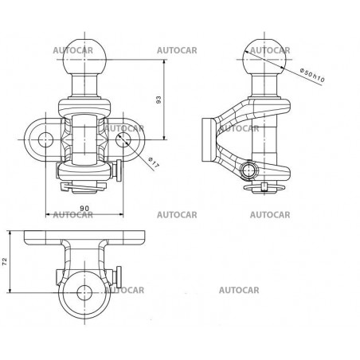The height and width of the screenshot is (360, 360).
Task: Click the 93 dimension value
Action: tap(158, 100)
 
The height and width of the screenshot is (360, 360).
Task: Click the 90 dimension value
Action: tap(84, 209)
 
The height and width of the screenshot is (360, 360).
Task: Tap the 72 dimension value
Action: tap(5, 261)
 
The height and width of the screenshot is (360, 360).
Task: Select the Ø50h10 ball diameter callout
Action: tap(312, 75)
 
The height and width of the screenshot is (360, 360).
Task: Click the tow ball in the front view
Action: tap(84, 57)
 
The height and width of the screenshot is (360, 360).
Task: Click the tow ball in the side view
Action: tap(264, 57)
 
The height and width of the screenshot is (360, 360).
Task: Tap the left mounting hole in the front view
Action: tap(45, 139)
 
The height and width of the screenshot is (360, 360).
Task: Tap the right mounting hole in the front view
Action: tap(123, 139)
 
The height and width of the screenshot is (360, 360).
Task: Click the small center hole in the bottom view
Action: tap(84, 292)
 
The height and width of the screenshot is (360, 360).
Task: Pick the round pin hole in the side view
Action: tap(249, 170)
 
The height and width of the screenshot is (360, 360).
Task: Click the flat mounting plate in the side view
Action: tap(207, 140)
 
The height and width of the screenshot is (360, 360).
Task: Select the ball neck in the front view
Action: tap(84, 85)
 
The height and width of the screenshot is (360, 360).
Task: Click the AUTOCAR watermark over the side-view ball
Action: tap(270, 50)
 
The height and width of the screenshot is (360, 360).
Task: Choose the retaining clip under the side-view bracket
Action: tap(264, 187)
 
